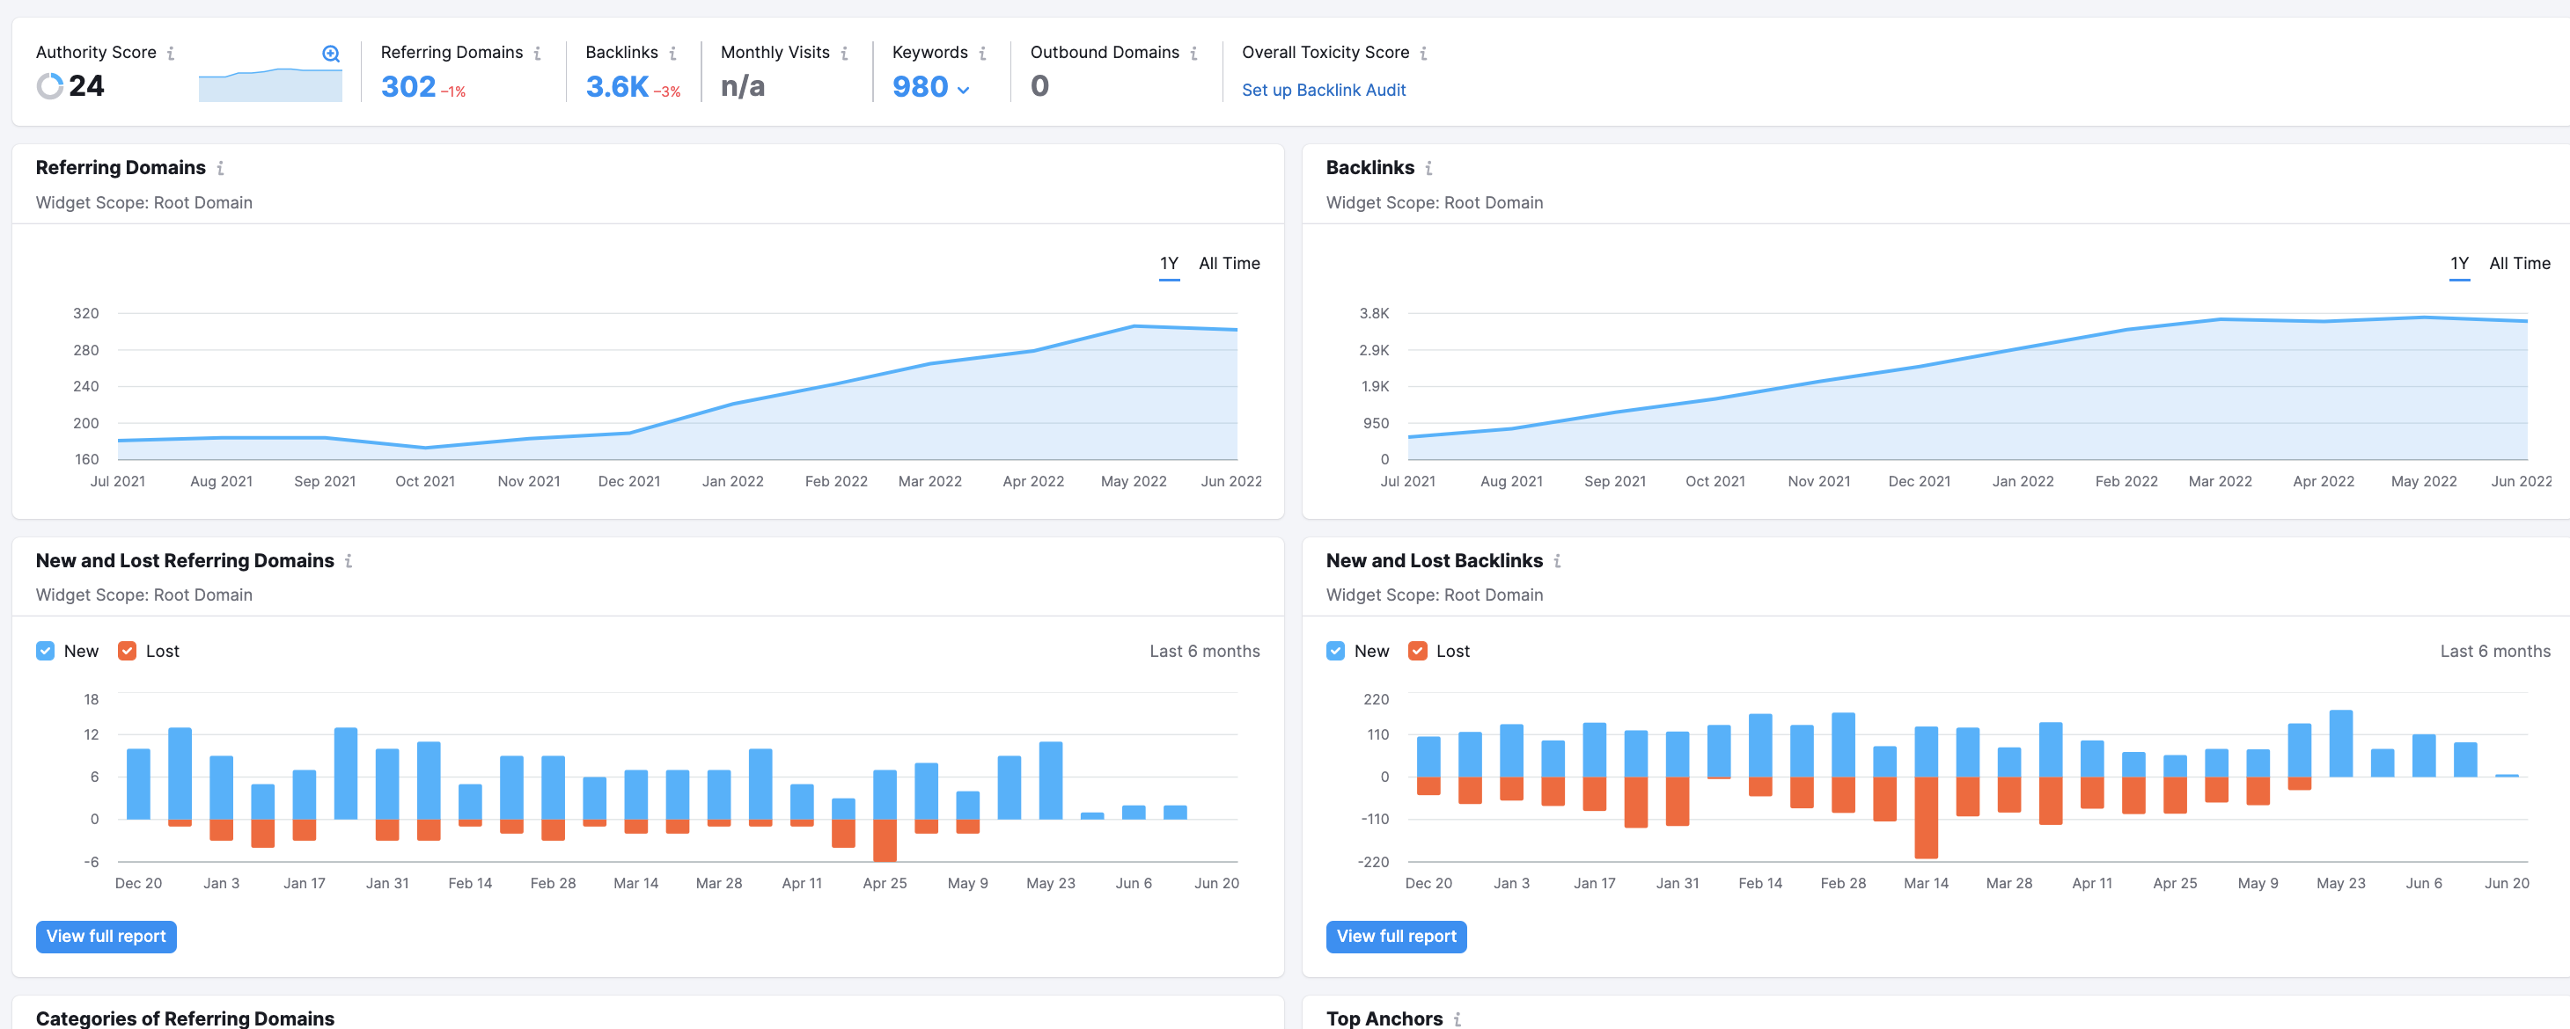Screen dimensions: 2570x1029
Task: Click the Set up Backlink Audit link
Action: pyautogui.click(x=1323, y=90)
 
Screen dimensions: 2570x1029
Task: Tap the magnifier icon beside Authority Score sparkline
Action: pyautogui.click(x=331, y=54)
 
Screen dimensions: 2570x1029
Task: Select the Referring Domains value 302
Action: pyautogui.click(x=408, y=87)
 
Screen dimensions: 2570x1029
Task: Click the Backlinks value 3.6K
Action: pyautogui.click(x=617, y=87)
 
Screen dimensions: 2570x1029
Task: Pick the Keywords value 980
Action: pyautogui.click(x=920, y=87)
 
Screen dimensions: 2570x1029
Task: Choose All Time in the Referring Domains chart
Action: pyautogui.click(x=1230, y=263)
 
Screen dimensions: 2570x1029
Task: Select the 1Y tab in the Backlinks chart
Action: pyautogui.click(x=2459, y=263)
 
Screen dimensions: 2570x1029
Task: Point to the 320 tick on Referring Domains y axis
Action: pyautogui.click(x=85, y=313)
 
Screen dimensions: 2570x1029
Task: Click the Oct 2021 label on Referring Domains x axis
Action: pyautogui.click(x=425, y=480)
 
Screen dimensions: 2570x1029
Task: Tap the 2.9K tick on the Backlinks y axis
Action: pyautogui.click(x=1374, y=350)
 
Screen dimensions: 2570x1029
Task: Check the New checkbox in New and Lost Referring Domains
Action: pyautogui.click(x=45, y=651)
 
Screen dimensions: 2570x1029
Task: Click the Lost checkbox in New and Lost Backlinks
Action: pyautogui.click(x=1417, y=651)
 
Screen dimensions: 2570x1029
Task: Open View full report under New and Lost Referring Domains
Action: pyautogui.click(x=106, y=937)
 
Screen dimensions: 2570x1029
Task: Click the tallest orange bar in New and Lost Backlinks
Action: pyautogui.click(x=1926, y=818)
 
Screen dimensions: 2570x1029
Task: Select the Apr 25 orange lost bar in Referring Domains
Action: pyautogui.click(x=884, y=841)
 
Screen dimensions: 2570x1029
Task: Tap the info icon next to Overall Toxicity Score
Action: pyautogui.click(x=1422, y=54)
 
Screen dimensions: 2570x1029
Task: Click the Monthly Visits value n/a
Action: pyautogui.click(x=742, y=87)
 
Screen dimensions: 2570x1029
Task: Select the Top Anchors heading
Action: pyautogui.click(x=1384, y=1018)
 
